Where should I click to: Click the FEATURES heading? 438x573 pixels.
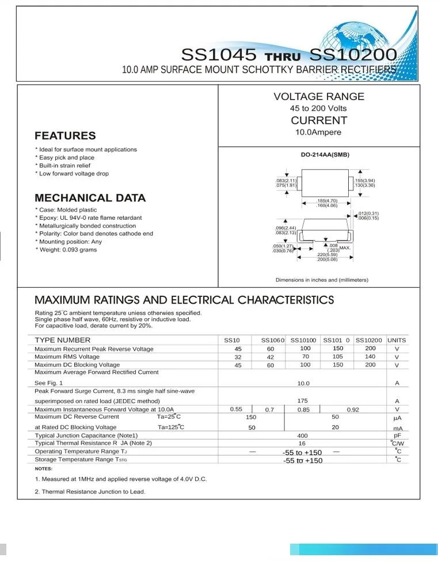click(65, 136)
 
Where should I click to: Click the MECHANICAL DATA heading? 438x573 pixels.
click(90, 198)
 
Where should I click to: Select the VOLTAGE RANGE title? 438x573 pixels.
click(318, 97)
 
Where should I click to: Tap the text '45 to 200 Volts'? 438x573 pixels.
click(318, 108)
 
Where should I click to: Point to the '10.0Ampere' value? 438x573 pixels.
click(318, 132)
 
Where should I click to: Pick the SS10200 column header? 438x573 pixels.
click(368, 340)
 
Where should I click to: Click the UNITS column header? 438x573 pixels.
click(397, 340)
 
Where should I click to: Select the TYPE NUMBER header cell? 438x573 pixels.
click(62, 340)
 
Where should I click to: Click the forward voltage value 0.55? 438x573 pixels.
click(236, 409)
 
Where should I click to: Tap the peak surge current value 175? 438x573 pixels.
click(303, 400)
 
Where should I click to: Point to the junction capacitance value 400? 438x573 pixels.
click(303, 436)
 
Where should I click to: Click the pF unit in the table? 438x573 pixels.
click(397, 436)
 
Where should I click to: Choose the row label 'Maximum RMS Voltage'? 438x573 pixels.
click(67, 357)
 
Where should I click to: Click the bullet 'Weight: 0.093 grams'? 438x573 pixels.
click(67, 250)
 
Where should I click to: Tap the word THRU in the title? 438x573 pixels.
click(283, 57)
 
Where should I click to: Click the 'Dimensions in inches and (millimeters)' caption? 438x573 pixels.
click(322, 280)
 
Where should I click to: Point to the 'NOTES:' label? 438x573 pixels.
click(43, 469)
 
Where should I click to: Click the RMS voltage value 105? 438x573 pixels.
click(338, 357)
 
